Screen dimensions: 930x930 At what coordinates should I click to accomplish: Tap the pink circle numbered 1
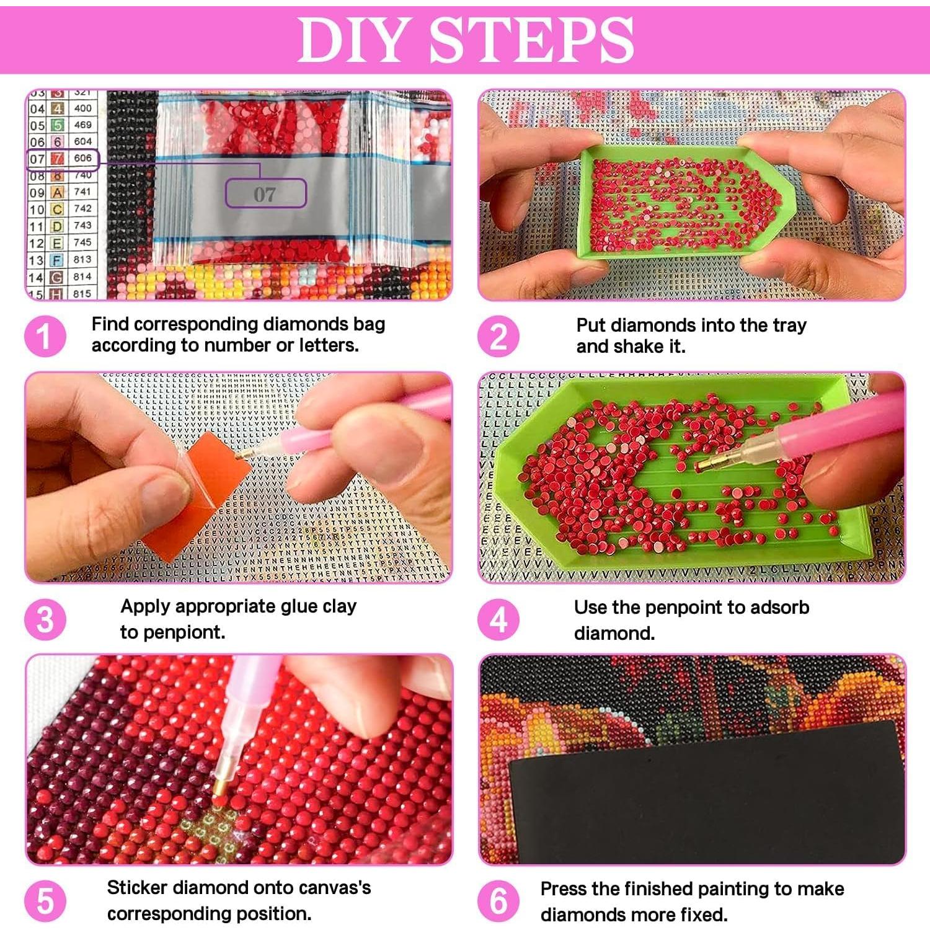(x=45, y=336)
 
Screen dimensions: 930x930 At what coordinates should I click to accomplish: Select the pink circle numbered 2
(x=498, y=336)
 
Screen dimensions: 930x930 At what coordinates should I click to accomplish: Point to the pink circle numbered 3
(x=45, y=619)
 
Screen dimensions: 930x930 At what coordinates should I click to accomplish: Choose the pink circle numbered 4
(x=498, y=619)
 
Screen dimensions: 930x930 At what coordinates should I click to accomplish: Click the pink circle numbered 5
(x=45, y=901)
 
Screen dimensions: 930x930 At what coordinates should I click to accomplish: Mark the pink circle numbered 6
(x=498, y=901)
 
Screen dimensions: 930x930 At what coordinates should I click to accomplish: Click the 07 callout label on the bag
(x=265, y=194)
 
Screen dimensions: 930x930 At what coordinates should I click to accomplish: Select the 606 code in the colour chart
(x=82, y=158)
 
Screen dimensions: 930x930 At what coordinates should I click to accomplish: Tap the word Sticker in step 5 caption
(x=137, y=888)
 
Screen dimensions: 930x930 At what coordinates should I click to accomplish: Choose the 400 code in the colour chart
(x=82, y=108)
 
